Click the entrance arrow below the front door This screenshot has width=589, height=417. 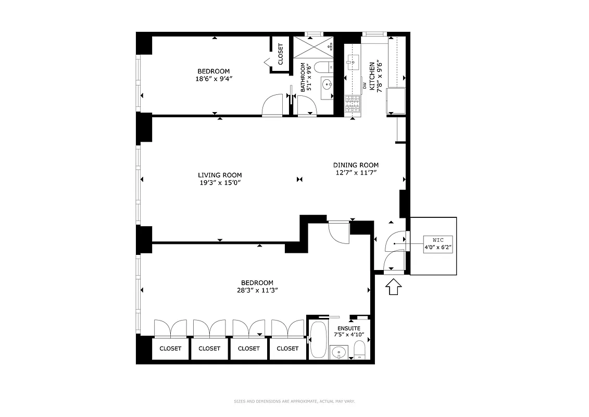coord(394,287)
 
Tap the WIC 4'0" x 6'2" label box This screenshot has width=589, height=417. coord(433,244)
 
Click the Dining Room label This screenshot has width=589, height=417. coord(356,165)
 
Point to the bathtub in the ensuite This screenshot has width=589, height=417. coord(318,339)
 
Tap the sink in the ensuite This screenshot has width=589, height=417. coord(339,352)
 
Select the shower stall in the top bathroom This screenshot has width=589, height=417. coord(315,47)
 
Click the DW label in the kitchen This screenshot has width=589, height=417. coord(365,85)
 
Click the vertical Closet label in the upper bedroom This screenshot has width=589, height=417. coord(281,54)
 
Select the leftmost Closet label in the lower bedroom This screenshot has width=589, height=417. coord(170,349)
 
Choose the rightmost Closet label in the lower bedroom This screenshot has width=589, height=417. coord(287,349)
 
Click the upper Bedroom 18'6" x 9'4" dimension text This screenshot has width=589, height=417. coord(214,79)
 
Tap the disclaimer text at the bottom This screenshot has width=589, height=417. coord(294,401)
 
